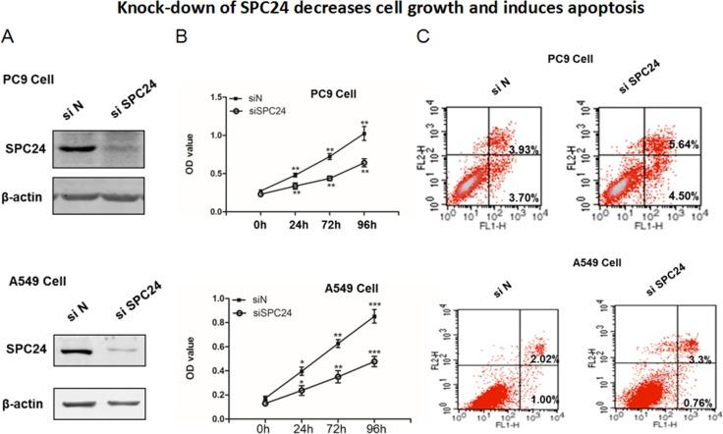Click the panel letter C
[423, 39]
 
